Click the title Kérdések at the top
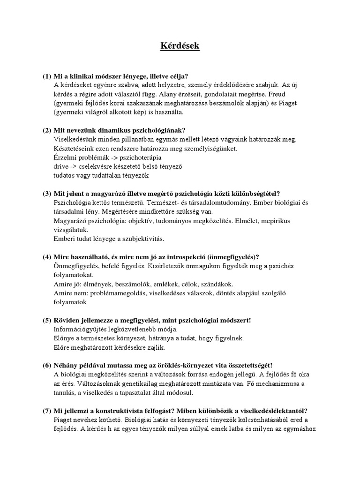[x=180, y=46]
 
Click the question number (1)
[x=47, y=76]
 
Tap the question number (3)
[x=47, y=194]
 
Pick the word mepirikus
[x=284, y=221]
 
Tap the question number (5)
[x=47, y=320]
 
